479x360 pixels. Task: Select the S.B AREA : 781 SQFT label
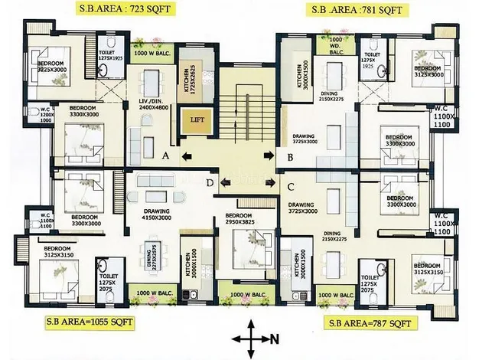(x=354, y=9)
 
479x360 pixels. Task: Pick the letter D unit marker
(x=210, y=182)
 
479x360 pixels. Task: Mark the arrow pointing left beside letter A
(x=186, y=157)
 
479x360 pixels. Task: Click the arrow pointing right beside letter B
(x=269, y=155)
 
